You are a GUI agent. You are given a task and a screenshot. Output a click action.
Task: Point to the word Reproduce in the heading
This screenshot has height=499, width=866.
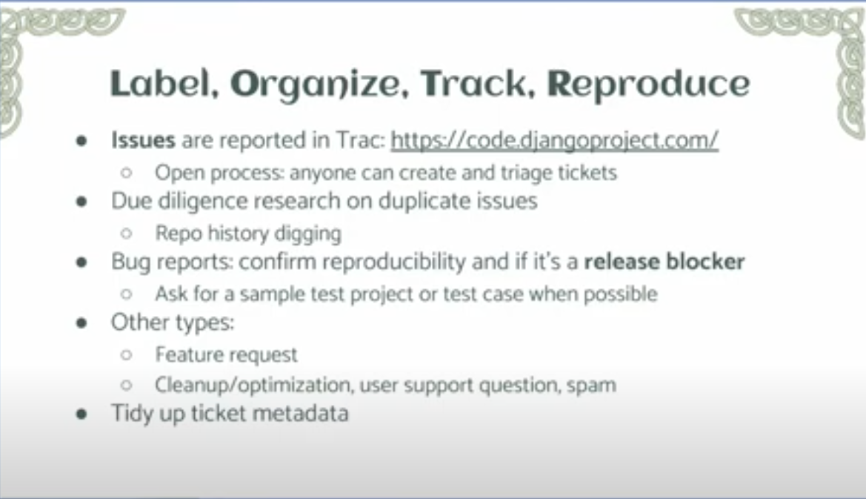[x=648, y=86]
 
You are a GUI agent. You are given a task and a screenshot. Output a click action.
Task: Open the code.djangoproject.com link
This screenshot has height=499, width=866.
[x=555, y=140]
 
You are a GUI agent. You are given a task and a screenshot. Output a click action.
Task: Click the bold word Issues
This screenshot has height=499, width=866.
[x=143, y=140]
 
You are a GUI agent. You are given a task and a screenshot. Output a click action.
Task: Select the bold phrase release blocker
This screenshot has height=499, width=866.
[x=665, y=262]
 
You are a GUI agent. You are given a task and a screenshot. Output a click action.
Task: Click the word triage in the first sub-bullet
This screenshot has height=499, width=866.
[x=526, y=173]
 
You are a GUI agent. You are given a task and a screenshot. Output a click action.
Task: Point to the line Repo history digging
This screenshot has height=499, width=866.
[x=248, y=234]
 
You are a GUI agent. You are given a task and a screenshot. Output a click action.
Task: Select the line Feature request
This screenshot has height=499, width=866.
[x=227, y=354]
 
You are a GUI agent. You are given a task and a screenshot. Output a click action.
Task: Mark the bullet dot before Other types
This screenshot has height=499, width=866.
[x=81, y=323]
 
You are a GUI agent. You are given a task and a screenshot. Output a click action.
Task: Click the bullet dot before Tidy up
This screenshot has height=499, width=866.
[x=81, y=414]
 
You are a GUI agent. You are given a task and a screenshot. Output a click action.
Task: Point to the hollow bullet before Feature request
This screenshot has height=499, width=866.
[x=127, y=354]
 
